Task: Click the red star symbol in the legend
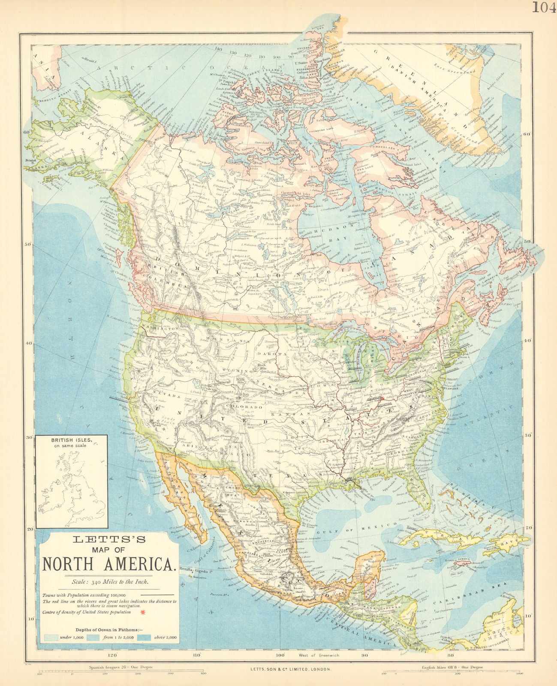[x=142, y=612]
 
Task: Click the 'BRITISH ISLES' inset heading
[x=71, y=440]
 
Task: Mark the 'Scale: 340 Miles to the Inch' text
[x=109, y=582]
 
